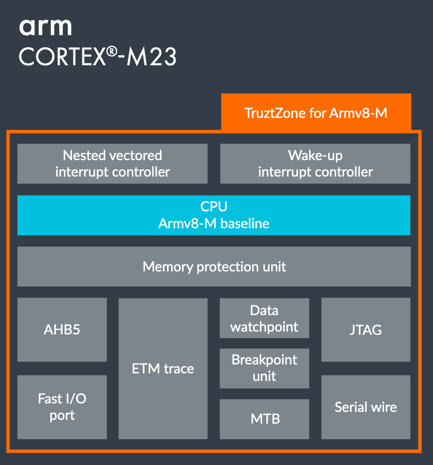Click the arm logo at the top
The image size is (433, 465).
pyautogui.click(x=45, y=27)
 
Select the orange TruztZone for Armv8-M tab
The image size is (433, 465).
pyautogui.click(x=316, y=113)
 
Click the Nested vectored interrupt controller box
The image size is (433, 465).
pyautogui.click(x=112, y=163)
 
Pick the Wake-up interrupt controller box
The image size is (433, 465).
pyautogui.click(x=315, y=163)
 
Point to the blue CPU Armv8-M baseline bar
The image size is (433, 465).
pyautogui.click(x=214, y=215)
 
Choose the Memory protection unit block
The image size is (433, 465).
pyautogui.click(x=214, y=267)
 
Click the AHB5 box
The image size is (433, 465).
pyautogui.click(x=62, y=329)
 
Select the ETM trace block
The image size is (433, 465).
pyautogui.click(x=163, y=369)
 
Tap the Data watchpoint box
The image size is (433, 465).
pyautogui.click(x=265, y=318)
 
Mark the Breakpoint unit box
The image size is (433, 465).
pyautogui.click(x=265, y=368)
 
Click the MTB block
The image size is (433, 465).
pyautogui.click(x=265, y=418)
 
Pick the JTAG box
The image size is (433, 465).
pyautogui.click(x=366, y=329)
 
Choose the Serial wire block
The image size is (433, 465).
pyautogui.click(x=366, y=407)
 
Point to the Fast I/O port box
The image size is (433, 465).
pyautogui.click(x=62, y=407)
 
